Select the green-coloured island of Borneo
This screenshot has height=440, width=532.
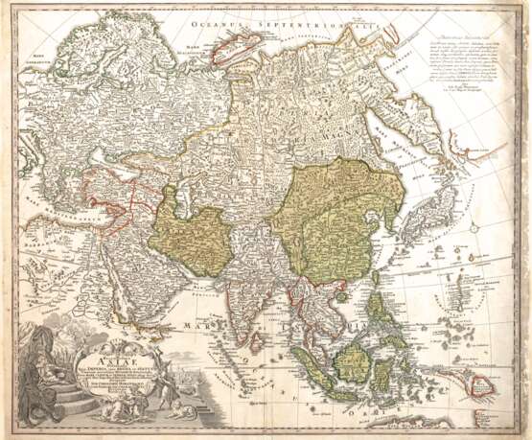355,361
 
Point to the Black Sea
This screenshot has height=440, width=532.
81,197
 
